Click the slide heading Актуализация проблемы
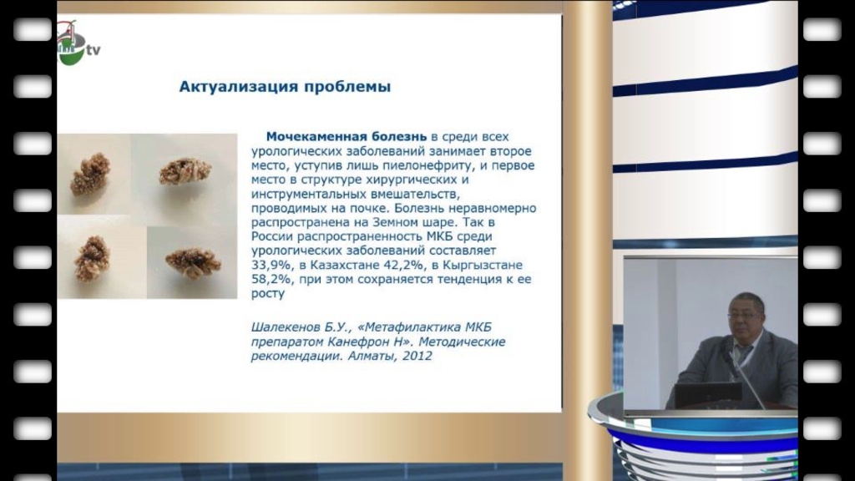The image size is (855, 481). pyautogui.click(x=285, y=87)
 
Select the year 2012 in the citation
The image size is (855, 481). pyautogui.click(x=417, y=356)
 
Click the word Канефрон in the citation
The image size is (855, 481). pyautogui.click(x=354, y=342)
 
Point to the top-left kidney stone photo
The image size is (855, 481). pyautogui.click(x=90, y=174)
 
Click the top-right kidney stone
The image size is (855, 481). pyautogui.click(x=185, y=171)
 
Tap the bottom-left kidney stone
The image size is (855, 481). pyautogui.click(x=92, y=258)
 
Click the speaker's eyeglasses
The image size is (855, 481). pyautogui.click(x=744, y=315)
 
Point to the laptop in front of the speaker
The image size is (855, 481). pyautogui.click(x=708, y=394)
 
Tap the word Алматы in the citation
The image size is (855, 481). pyautogui.click(x=371, y=356)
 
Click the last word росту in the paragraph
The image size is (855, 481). pyautogui.click(x=268, y=294)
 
